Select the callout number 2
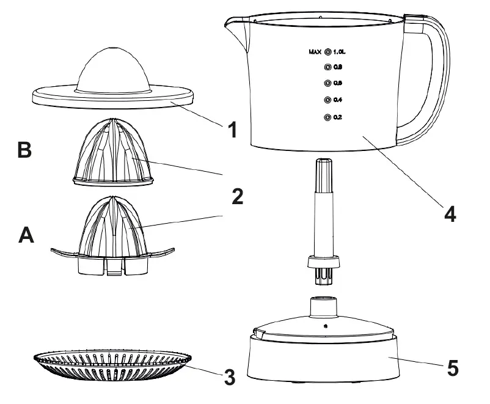[237, 196]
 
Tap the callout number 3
[229, 376]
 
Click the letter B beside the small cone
[24, 150]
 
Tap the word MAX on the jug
[315, 53]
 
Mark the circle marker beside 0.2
[327, 117]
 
